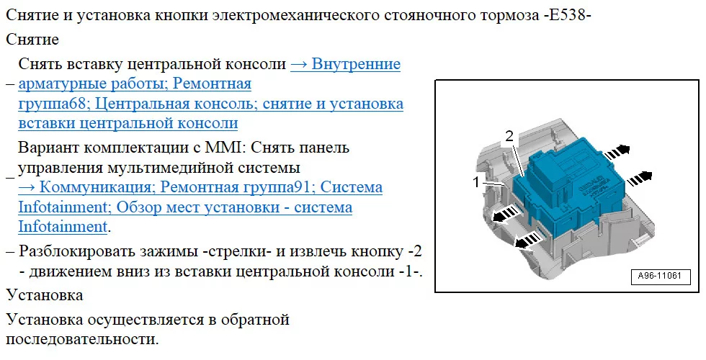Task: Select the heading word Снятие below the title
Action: point(32,40)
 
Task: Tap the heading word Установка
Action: point(45,295)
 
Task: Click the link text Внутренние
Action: point(356,64)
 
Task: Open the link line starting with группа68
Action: point(210,104)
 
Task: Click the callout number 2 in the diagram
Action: point(509,136)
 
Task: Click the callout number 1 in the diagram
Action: point(476,182)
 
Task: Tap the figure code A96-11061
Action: point(660,276)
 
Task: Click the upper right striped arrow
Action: point(617,152)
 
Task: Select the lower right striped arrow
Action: point(640,179)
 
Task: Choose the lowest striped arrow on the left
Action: point(527,241)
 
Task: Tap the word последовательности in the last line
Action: point(83,339)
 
